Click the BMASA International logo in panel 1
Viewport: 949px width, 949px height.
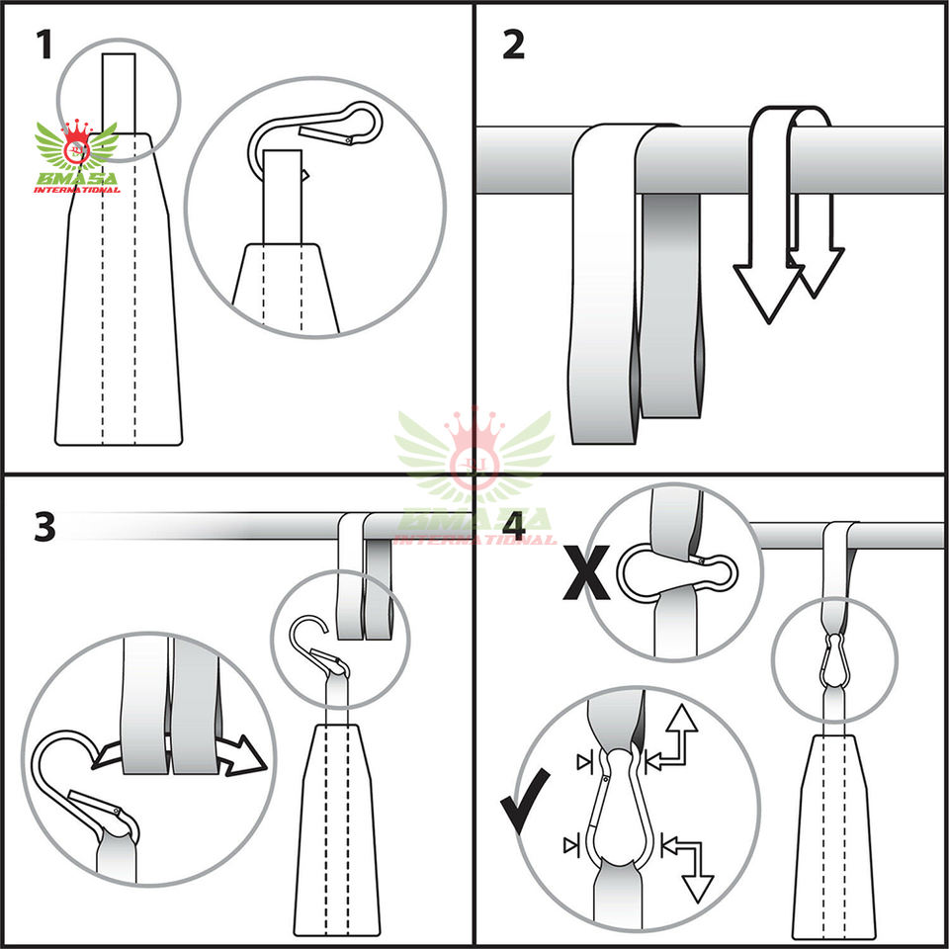[x=76, y=158]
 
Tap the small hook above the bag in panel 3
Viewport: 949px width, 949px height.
[x=316, y=643]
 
